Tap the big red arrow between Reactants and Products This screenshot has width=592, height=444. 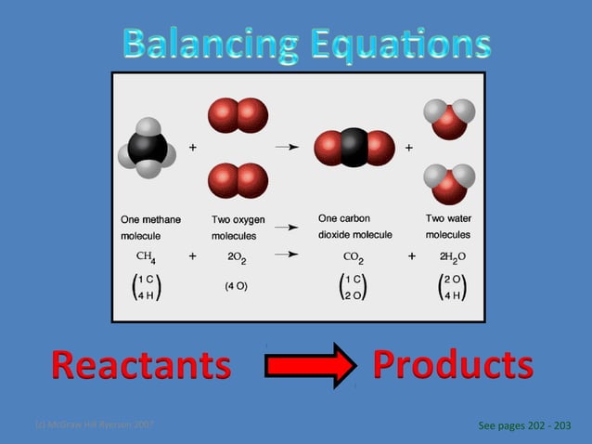pos(310,364)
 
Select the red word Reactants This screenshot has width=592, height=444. pos(141,365)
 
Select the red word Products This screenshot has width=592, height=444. pos(453,364)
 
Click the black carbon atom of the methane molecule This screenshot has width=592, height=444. pos(147,148)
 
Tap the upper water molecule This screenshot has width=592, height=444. pos(449,118)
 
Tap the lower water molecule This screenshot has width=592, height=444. pos(449,182)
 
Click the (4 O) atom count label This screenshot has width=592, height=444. pos(236,286)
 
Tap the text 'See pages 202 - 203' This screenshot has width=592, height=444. pos(523,425)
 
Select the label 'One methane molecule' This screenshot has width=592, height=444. pos(151,227)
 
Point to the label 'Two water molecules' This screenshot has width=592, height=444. pos(448,227)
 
